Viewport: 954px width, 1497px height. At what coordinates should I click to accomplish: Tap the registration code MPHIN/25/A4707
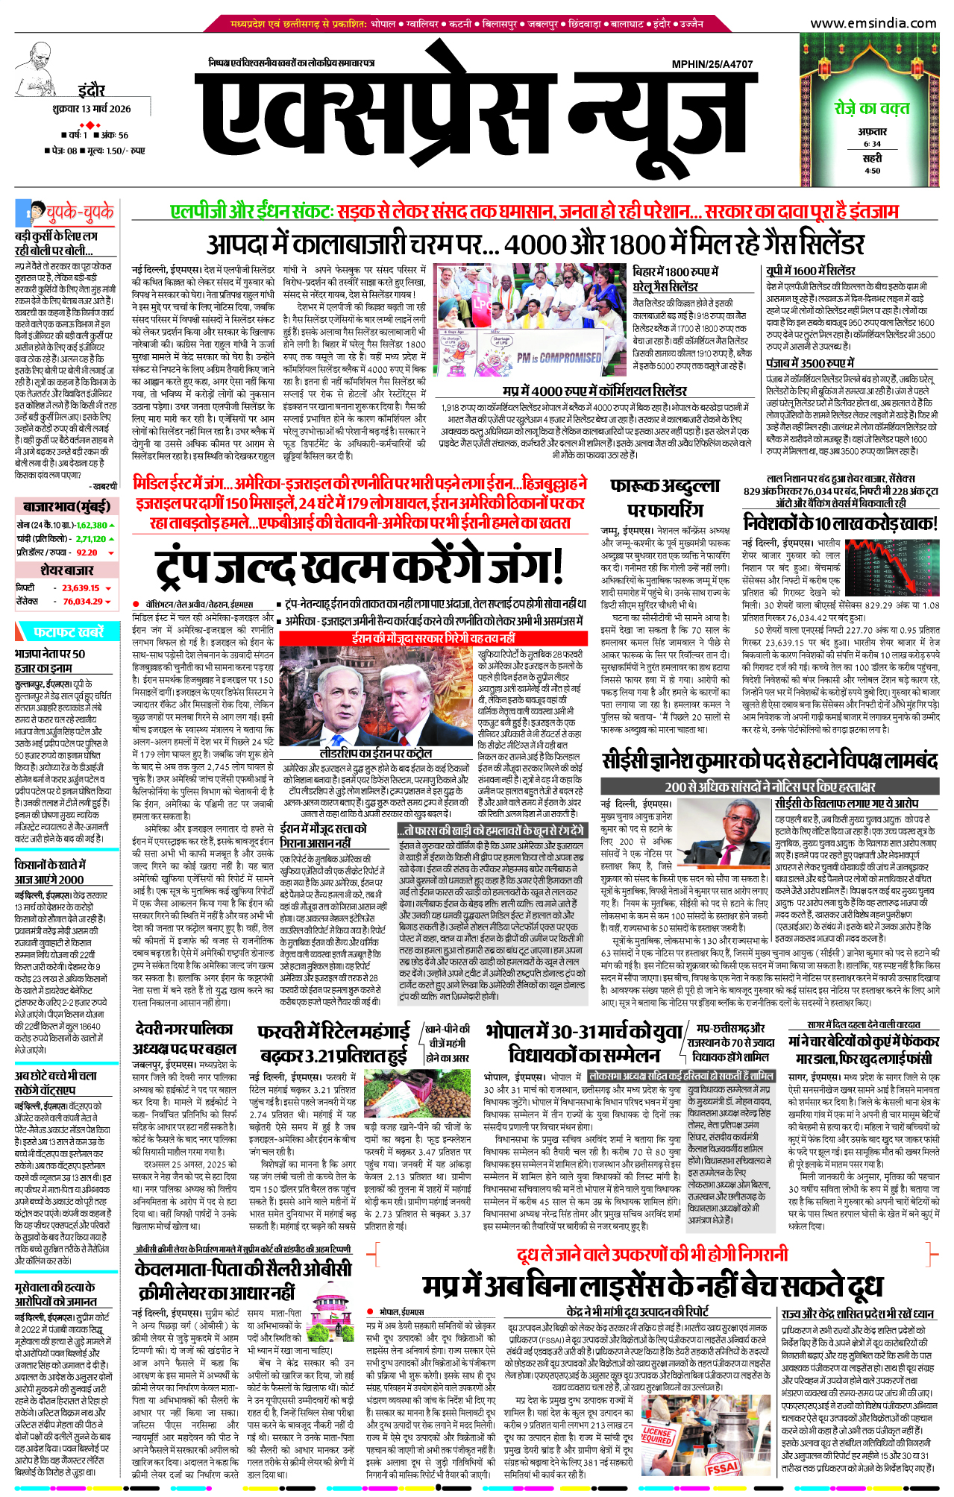(x=712, y=64)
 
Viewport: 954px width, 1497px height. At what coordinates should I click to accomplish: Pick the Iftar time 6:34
(x=872, y=144)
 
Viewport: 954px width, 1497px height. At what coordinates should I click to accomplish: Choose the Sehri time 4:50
(x=872, y=171)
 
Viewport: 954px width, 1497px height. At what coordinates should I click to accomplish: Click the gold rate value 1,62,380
(x=92, y=525)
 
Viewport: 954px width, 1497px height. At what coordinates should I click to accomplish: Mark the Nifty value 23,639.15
(x=81, y=587)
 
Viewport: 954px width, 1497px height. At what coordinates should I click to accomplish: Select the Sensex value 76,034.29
(x=82, y=601)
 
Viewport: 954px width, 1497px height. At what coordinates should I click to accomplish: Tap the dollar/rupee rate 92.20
(x=87, y=552)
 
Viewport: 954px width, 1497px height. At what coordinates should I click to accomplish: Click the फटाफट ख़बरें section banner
(x=68, y=631)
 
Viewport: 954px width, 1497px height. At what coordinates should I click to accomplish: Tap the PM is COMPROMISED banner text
(x=559, y=358)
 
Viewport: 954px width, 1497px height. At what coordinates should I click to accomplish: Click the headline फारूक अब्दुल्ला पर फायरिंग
(x=665, y=498)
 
